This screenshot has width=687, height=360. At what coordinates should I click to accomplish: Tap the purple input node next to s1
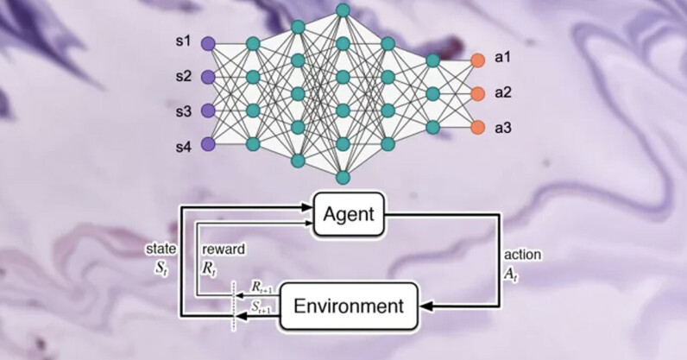[207, 42]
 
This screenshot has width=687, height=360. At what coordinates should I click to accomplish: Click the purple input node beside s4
[207, 144]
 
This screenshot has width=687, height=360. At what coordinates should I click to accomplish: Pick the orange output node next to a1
[477, 60]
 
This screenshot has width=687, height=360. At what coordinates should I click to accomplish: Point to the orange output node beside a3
[477, 127]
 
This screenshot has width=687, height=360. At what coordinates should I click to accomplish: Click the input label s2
[182, 76]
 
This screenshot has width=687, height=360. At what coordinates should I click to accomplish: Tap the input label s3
[182, 111]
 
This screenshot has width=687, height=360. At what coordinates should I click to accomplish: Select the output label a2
[502, 92]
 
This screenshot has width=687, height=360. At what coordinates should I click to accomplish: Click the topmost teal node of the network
[343, 10]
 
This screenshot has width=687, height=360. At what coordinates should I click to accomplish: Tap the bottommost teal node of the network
[343, 177]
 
